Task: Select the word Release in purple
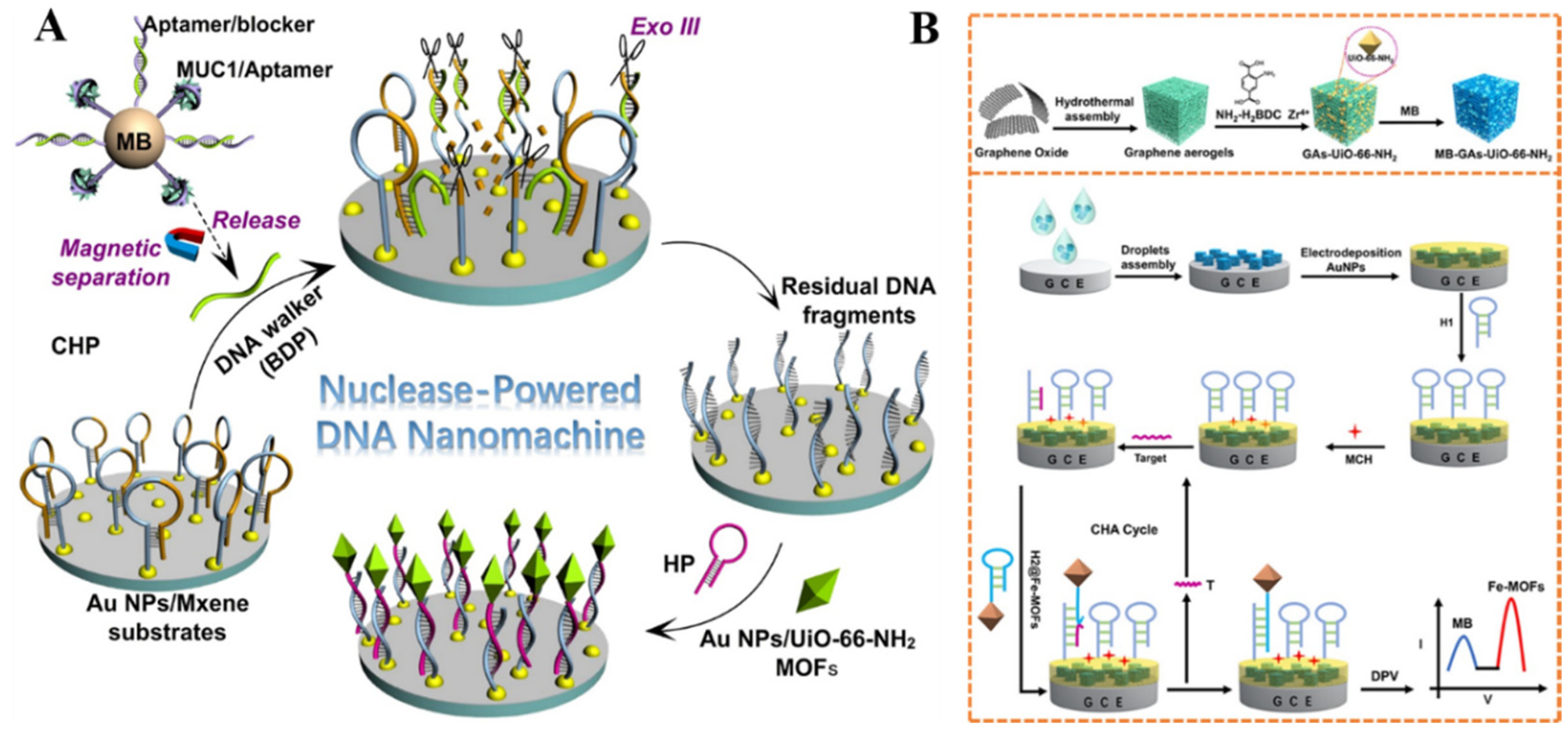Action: coord(256,221)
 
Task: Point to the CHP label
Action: coord(75,346)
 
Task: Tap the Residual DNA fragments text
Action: coord(858,301)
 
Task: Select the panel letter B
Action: coord(924,28)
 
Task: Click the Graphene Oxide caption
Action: coord(1021,153)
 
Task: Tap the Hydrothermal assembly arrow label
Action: coord(1094,109)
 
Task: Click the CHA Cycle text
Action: coord(1124,530)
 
